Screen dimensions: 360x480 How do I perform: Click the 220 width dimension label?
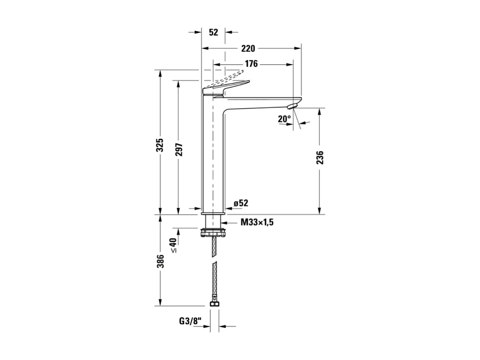click(248, 48)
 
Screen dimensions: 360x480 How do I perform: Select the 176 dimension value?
click(251, 64)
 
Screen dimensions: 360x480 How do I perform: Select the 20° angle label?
click(284, 119)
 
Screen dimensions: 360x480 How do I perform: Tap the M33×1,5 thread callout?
click(257, 222)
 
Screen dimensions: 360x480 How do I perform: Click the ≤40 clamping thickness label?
click(173, 245)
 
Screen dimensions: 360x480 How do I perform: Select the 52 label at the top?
click(213, 32)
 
